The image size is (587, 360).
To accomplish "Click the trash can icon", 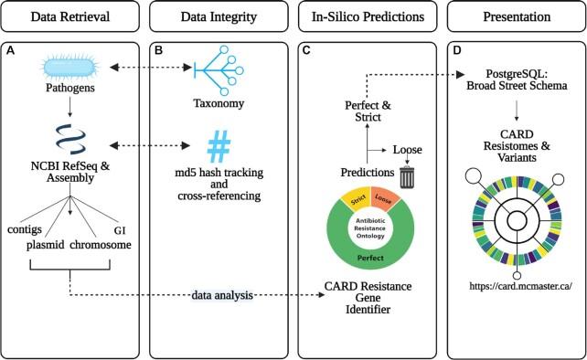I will [x=408, y=174].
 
